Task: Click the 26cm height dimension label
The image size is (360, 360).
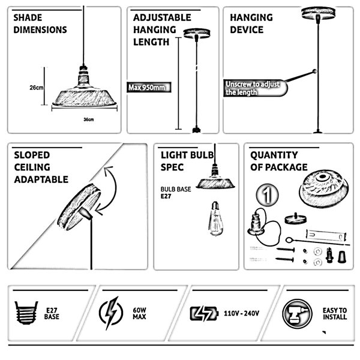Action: (x=36, y=88)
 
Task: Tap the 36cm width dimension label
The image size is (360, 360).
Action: (x=89, y=119)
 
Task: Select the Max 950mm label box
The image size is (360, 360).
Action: (x=149, y=87)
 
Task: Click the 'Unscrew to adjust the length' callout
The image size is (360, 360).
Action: (x=255, y=88)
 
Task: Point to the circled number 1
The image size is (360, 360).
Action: (x=267, y=195)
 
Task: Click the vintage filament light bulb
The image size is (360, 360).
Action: (x=215, y=218)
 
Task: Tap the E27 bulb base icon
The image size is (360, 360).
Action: (x=26, y=313)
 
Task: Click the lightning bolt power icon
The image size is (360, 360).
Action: (x=111, y=313)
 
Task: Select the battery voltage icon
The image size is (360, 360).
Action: (x=204, y=313)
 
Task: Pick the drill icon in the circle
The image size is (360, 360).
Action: (x=298, y=314)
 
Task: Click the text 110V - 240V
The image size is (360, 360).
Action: (x=242, y=313)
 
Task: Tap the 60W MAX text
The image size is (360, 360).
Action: (x=139, y=313)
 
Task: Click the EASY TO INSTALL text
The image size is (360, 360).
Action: (x=335, y=314)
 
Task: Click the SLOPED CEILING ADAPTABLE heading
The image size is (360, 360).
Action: (x=41, y=167)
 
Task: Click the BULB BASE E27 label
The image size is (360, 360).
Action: (x=176, y=193)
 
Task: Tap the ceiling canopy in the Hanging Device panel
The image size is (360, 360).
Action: (x=318, y=13)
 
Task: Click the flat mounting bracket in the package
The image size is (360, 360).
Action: (x=326, y=235)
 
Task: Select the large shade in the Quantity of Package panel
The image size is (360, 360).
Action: (x=323, y=189)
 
